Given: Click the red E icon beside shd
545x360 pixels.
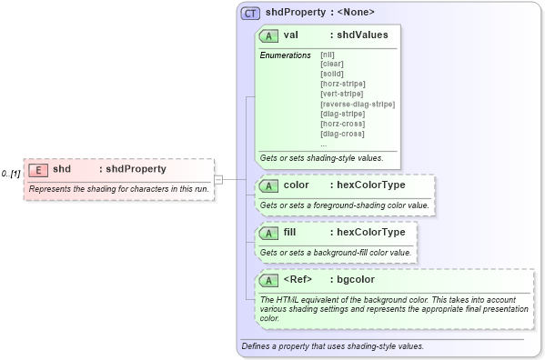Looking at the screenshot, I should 38,169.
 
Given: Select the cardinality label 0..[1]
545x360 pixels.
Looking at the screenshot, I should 11,173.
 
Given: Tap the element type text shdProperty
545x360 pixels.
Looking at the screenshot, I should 136,169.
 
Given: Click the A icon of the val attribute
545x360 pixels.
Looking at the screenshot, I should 268,35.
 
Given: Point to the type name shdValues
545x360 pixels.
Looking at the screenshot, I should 362,35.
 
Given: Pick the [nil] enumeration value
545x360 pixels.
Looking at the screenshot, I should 328,55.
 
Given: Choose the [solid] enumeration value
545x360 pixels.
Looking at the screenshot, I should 332,74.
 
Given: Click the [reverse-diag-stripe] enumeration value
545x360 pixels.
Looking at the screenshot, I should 358,104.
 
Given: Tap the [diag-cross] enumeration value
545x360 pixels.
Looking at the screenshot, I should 342,134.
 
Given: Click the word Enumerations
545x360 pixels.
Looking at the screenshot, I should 285,55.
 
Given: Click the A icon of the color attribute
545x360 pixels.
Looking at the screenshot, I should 268,185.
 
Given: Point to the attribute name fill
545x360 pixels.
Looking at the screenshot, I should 291,232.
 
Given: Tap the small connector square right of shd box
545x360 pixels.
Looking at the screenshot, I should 218,179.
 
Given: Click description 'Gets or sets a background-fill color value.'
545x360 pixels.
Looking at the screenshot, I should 336,252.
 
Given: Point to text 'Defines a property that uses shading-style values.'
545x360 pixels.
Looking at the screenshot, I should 332,346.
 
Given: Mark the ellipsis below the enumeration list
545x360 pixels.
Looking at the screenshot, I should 324,144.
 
